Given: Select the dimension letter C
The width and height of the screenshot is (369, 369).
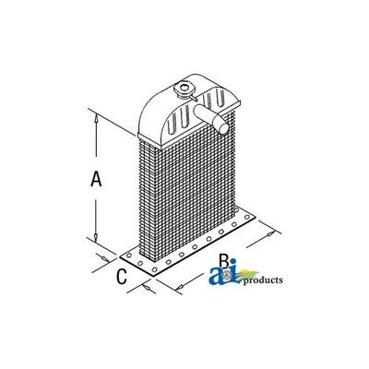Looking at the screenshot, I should [122, 275].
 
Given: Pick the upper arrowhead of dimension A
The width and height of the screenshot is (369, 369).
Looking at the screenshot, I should [93, 116].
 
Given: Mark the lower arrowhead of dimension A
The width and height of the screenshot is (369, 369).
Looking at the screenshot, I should [93, 237].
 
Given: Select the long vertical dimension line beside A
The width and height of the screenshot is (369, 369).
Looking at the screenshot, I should [93, 175].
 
